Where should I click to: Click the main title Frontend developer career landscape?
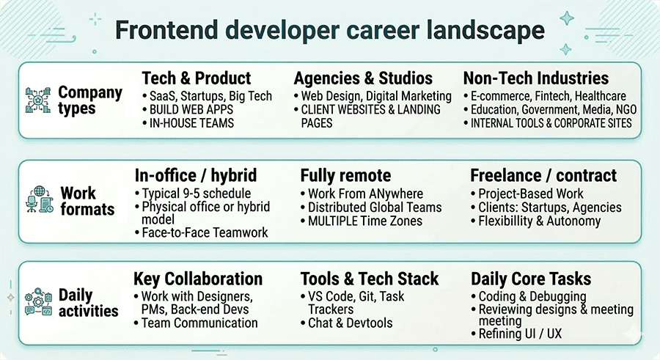330,31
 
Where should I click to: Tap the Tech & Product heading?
196,78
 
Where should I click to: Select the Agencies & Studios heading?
363,78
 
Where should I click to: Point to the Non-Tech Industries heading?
536,78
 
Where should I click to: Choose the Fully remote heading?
345,176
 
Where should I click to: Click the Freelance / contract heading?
543,176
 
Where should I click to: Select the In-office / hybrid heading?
195,176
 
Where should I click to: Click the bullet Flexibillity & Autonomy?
539,221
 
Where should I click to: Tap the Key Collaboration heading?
198,279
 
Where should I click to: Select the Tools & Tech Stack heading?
370,279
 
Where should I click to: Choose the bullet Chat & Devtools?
350,323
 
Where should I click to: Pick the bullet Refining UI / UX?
521,334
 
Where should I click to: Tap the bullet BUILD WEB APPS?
191,109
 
